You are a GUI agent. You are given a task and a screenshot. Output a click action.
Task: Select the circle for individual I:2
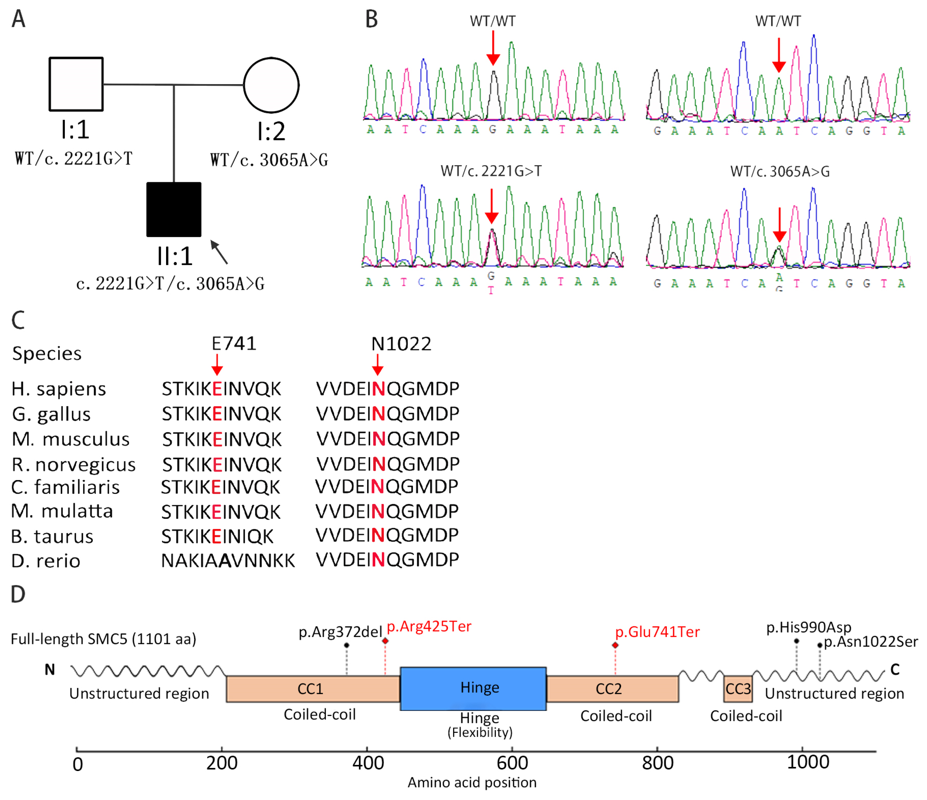click(271, 85)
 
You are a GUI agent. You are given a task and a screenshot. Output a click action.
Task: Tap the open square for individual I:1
click(76, 84)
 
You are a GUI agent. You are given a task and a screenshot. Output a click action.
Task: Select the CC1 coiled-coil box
click(313, 689)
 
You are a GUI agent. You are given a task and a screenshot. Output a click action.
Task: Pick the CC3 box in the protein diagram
click(738, 689)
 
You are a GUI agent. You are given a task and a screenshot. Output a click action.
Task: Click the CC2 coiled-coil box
click(612, 689)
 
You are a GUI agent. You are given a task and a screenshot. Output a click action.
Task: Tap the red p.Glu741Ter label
click(657, 632)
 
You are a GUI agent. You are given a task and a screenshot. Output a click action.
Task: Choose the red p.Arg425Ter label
click(429, 626)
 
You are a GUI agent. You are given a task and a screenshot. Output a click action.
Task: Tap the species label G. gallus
click(51, 414)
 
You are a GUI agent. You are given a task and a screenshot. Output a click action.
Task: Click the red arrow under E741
click(217, 365)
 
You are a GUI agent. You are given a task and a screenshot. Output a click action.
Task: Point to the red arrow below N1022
click(378, 365)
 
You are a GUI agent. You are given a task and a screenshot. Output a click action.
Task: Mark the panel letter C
click(18, 320)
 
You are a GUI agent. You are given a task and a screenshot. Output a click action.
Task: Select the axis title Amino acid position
click(472, 782)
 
